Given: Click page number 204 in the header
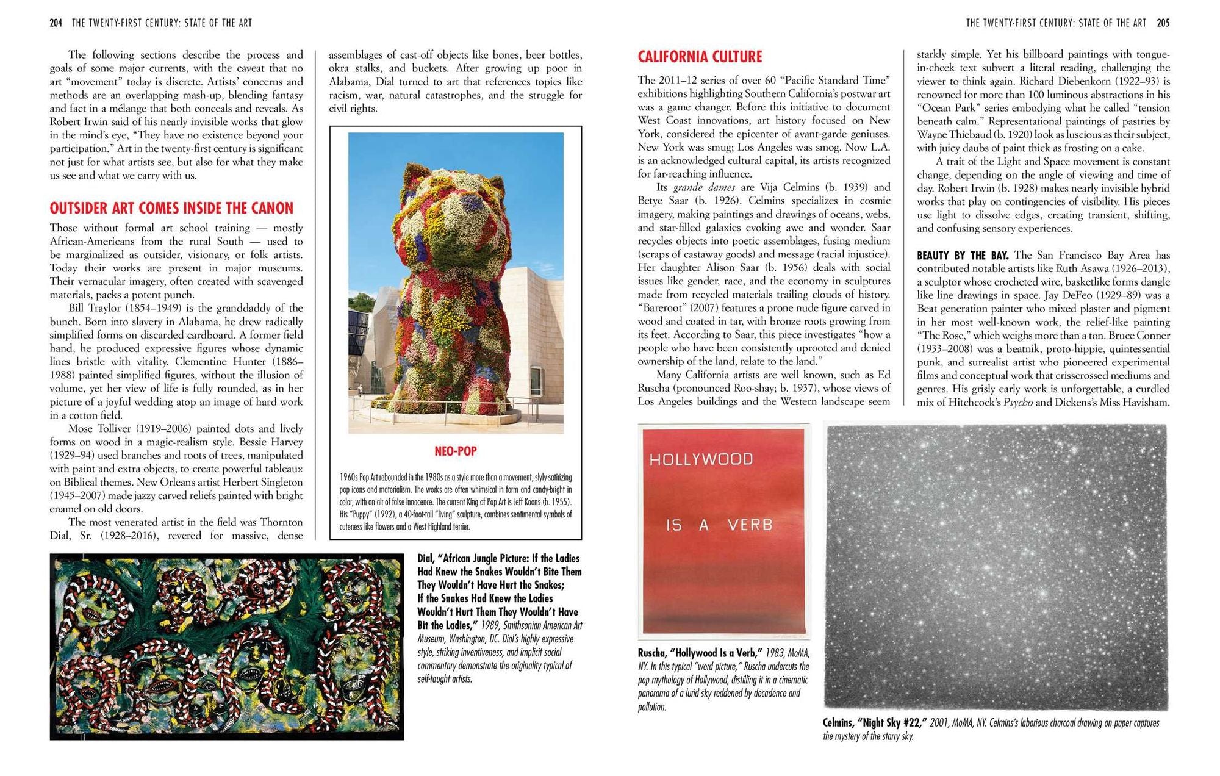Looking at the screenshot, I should [x=56, y=23].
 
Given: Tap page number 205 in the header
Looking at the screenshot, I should [x=1163, y=23].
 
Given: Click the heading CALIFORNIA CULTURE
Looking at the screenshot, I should [x=700, y=57].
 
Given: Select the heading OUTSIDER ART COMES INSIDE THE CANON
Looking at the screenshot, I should [x=171, y=208].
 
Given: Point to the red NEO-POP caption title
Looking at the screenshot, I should [x=456, y=451].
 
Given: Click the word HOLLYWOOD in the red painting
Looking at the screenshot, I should [x=701, y=459].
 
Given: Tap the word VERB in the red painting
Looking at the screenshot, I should [x=750, y=525].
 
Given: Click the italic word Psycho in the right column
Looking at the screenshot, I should [x=1018, y=403].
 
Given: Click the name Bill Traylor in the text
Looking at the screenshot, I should [x=91, y=308].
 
